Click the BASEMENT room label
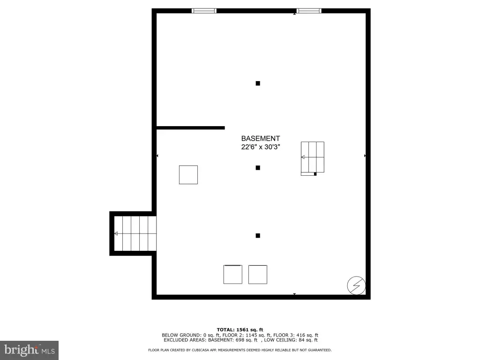261,138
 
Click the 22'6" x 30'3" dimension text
261,147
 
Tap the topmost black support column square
258,83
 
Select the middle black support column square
258,168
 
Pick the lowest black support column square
258,236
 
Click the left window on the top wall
204,11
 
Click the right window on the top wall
309,11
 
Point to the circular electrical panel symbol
356,285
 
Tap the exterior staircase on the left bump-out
135,233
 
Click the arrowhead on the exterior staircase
116,233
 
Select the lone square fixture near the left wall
188,175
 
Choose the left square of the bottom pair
232,275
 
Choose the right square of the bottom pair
258,275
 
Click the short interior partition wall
191,128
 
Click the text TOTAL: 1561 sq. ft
240,330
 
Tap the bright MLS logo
30,350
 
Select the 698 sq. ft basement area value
247,340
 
